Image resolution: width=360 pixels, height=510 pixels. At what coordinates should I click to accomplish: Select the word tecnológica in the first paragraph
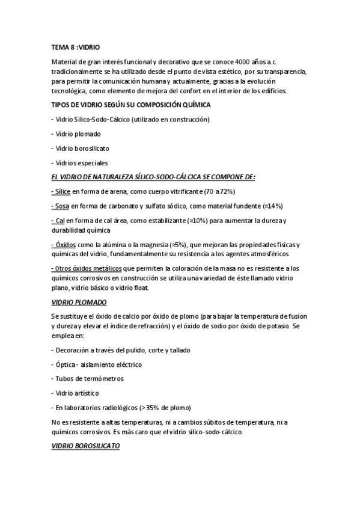(x=70, y=91)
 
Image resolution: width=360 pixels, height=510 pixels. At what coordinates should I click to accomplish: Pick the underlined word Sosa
(x=61, y=206)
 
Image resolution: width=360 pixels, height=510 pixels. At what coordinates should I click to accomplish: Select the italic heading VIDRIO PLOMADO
(x=79, y=303)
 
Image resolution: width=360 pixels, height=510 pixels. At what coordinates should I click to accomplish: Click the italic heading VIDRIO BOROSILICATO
(x=86, y=446)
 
